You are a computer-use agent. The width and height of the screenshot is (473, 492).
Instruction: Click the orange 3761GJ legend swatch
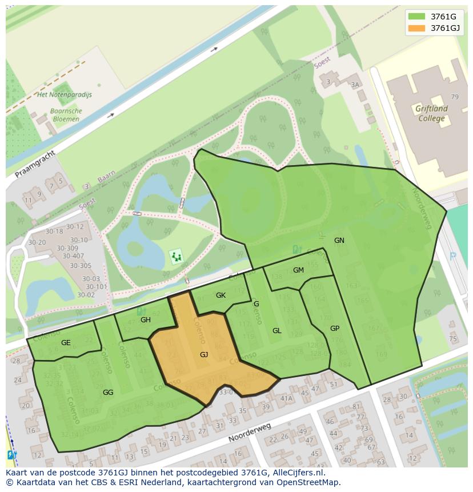[417, 28]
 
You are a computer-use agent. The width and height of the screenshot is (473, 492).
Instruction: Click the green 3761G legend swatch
[417, 17]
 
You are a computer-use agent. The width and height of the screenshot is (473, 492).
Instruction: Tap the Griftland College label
[431, 113]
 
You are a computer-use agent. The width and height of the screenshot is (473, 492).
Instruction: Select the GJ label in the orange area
[204, 355]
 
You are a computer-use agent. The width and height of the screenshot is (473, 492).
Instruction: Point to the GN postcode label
[339, 241]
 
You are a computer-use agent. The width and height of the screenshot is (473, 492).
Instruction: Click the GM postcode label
[298, 270]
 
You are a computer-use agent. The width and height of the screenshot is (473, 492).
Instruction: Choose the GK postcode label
[221, 295]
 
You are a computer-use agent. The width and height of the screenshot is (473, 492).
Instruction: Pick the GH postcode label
[146, 320]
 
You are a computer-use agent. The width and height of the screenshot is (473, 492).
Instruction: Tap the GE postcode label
[66, 343]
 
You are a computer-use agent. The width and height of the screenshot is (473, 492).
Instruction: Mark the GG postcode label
[108, 393]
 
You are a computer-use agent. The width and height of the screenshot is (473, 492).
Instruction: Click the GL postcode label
[277, 331]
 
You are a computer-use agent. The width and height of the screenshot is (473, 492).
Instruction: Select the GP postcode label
[335, 329]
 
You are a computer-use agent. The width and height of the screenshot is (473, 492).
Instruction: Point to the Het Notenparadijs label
[64, 95]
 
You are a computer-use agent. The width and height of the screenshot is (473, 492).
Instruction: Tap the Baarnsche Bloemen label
[66, 115]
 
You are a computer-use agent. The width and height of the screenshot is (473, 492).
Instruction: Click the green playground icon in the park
[177, 257]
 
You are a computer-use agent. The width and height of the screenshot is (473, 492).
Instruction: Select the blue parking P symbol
[453, 257]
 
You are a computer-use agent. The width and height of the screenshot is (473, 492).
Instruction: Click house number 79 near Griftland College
[455, 97]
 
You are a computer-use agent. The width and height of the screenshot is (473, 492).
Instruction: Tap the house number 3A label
[355, 85]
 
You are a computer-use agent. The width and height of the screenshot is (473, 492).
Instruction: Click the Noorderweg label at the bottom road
[250, 433]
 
